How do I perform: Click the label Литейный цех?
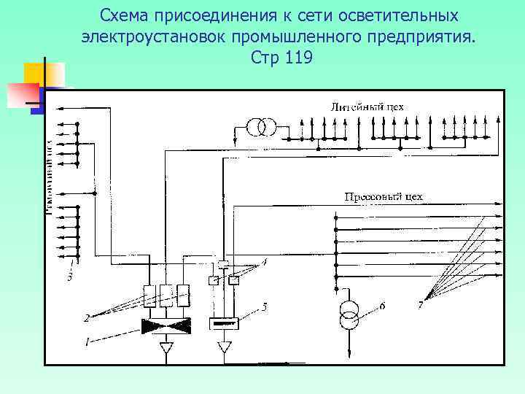point(367,107)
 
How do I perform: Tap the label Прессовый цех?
point(384,197)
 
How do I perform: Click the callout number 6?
point(382,305)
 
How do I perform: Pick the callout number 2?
point(86,317)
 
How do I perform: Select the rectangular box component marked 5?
point(225,324)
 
